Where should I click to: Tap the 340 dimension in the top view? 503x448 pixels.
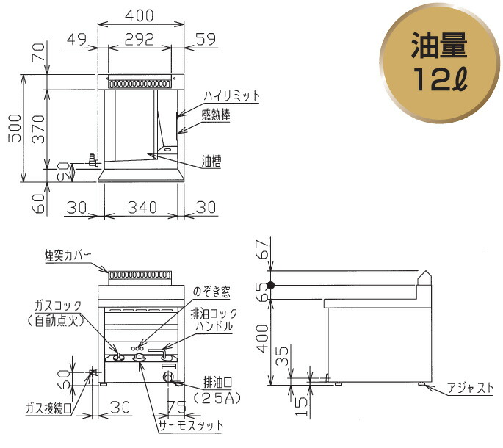coord(142,208)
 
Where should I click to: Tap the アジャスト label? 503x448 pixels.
coord(471,389)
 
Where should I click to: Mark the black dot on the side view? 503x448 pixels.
coord(271,285)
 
